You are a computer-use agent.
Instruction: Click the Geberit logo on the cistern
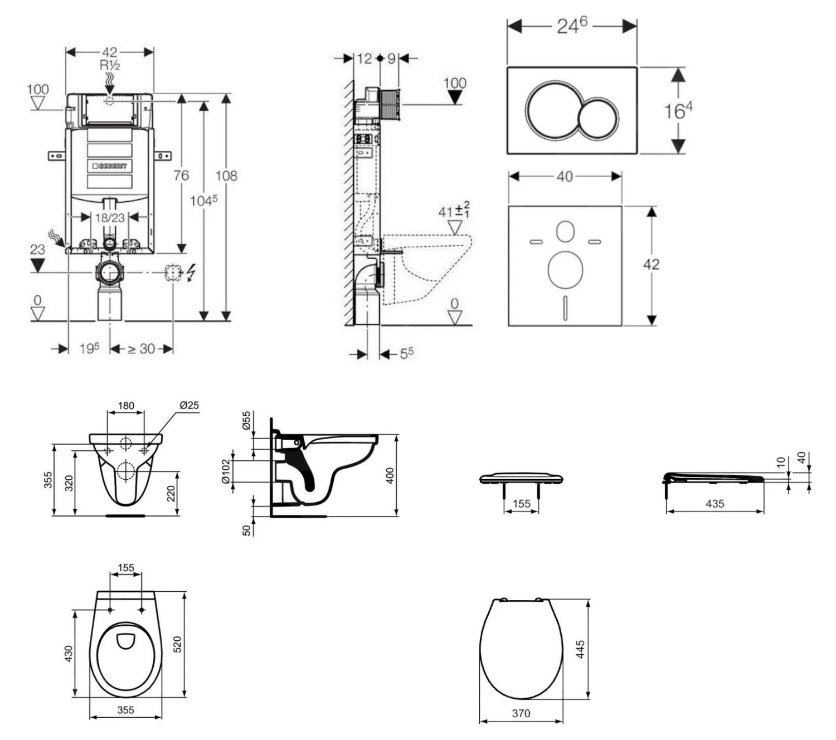[110, 165]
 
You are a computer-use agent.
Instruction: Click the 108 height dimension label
[226, 176]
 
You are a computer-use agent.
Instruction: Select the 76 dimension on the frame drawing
[181, 176]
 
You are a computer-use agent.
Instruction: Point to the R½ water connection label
[110, 65]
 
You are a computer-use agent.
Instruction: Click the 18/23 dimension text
[110, 217]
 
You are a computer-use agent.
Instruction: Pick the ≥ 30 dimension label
[141, 349]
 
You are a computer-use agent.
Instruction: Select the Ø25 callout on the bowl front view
[189, 405]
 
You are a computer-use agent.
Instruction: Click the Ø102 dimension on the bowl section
[226, 471]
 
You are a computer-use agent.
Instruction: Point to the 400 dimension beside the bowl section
[390, 475]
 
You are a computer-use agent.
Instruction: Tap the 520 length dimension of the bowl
[178, 644]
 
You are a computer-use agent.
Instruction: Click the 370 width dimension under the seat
[521, 713]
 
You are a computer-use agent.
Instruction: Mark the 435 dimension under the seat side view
[715, 504]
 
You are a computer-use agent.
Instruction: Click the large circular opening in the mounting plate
[565, 269]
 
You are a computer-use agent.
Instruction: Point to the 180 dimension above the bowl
[126, 405]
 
